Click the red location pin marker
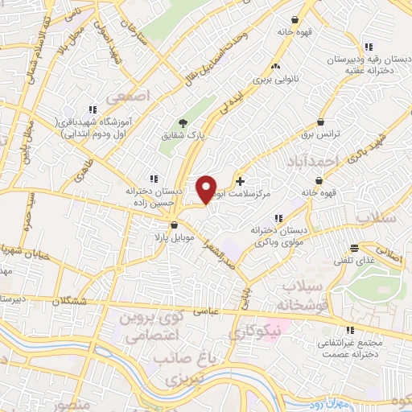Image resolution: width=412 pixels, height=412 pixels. (208, 189)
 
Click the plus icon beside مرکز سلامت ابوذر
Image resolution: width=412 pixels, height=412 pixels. (240, 181)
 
